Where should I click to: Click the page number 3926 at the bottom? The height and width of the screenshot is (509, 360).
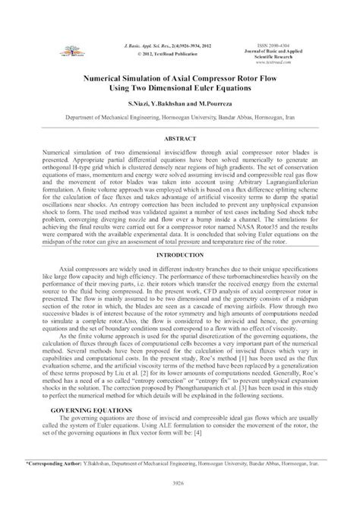pos(180,481)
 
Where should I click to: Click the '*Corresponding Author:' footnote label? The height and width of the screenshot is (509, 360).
pos(55,460)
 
